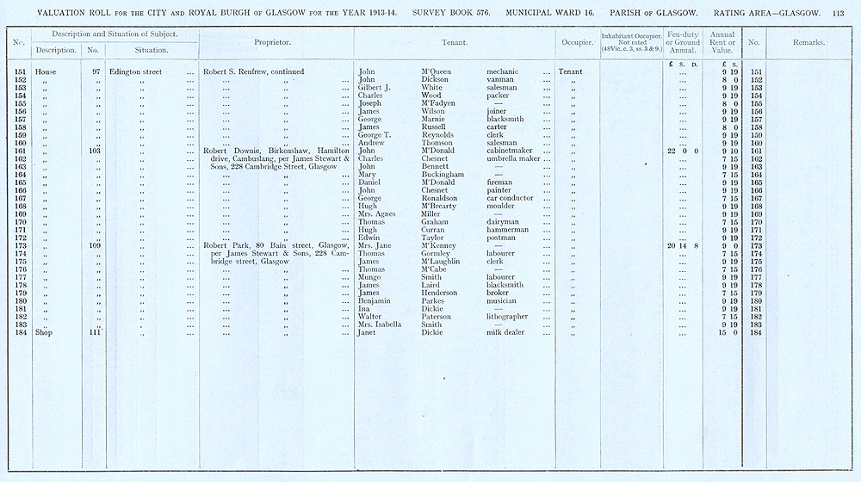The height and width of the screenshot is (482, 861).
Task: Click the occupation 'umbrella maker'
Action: pos(513,158)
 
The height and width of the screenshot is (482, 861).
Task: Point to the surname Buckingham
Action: pos(443,174)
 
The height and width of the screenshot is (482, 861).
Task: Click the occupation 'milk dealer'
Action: pos(507,332)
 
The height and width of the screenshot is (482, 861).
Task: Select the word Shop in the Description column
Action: pos(44,332)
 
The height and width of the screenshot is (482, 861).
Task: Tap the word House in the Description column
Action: pos(46,71)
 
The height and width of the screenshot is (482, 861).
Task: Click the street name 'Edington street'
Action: pos(136,71)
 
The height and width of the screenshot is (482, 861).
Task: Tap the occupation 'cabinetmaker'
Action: pos(511,151)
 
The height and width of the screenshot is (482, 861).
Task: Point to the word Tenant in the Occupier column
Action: pos(570,71)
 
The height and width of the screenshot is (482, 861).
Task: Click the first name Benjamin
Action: pos(375,300)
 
